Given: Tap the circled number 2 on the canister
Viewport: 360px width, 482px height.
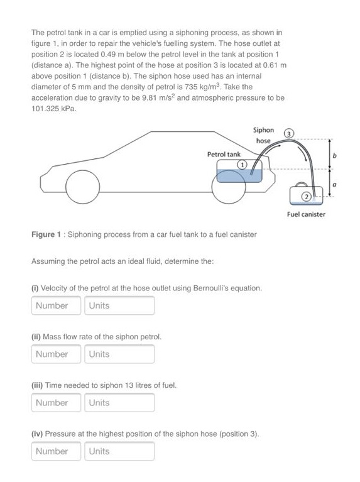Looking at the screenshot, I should pyautogui.click(x=305, y=196).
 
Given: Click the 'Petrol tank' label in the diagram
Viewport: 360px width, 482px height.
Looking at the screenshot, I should pyautogui.click(x=224, y=154).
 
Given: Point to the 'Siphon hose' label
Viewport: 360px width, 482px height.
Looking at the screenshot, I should pyautogui.click(x=263, y=135).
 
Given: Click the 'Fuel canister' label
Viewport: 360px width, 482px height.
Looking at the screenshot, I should pyautogui.click(x=306, y=214).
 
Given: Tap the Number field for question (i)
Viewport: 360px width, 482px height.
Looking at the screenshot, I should pyautogui.click(x=57, y=305).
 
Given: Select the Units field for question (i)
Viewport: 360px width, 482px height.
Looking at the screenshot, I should pyautogui.click(x=119, y=305).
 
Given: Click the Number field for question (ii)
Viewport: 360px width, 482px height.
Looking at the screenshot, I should pyautogui.click(x=57, y=354).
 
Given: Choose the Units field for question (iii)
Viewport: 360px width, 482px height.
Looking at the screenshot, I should pyautogui.click(x=119, y=403).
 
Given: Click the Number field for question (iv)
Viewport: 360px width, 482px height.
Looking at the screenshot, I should pyautogui.click(x=57, y=451).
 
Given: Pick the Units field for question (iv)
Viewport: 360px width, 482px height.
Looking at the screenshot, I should pyautogui.click(x=119, y=451).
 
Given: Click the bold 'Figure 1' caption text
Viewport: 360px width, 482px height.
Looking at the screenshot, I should pyautogui.click(x=46, y=234).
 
